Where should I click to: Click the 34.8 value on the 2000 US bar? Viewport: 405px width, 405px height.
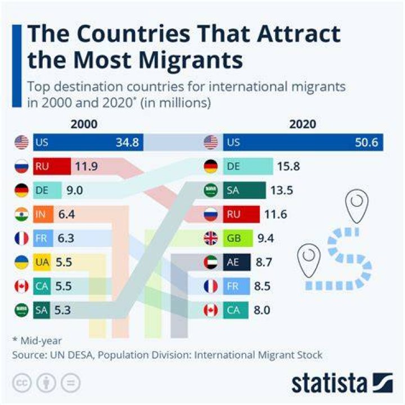pos(127,142)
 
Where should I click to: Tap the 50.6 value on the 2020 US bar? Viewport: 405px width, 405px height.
pos(366,142)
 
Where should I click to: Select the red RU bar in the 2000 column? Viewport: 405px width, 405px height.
pos(52,166)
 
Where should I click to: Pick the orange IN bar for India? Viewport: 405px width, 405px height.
pos(43,214)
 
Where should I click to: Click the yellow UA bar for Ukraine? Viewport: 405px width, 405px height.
pos(42,262)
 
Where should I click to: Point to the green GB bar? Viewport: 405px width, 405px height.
pos(238,238)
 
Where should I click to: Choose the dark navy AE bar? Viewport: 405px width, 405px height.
pos(237,262)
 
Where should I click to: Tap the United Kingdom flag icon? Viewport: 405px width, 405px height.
pos(211,238)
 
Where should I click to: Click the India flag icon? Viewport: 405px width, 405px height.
pos(22,214)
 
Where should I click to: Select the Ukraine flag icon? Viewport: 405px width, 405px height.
pos(22,262)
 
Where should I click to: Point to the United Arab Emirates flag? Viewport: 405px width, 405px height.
pos(211,262)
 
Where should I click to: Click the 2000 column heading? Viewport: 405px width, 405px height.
pos(84,124)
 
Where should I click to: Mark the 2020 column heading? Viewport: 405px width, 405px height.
pos(303,124)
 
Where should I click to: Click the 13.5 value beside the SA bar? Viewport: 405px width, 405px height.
pos(282,190)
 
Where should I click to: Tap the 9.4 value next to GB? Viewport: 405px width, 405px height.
pos(265,238)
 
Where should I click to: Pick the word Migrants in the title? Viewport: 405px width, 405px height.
pos(191,60)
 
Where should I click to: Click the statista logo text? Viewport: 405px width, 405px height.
pos(329,384)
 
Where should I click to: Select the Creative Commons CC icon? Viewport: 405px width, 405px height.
pos(22,383)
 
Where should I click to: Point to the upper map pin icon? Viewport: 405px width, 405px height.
pos(357,206)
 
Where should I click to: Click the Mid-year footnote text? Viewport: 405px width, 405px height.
pos(37,341)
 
